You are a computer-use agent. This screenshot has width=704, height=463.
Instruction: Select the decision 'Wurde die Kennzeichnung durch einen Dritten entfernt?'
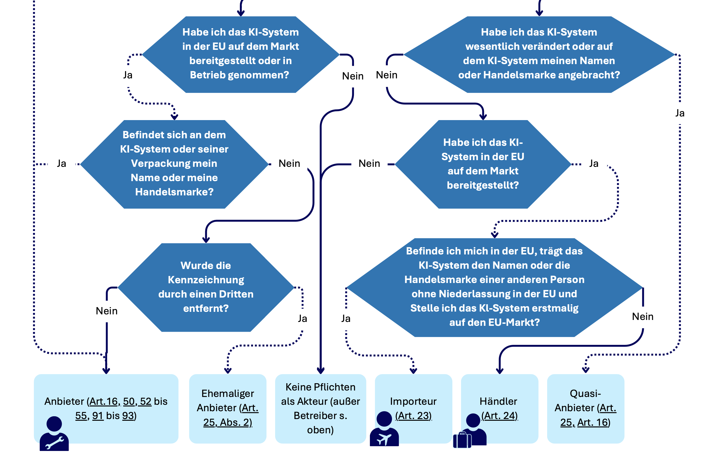click(x=206, y=287)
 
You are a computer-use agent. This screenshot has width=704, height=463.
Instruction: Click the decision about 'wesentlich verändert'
click(x=539, y=54)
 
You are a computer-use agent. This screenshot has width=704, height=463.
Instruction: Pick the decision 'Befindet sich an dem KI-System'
click(x=174, y=164)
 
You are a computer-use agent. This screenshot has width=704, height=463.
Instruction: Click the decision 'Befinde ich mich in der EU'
click(x=494, y=287)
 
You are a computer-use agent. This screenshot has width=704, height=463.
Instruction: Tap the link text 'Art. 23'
click(x=414, y=416)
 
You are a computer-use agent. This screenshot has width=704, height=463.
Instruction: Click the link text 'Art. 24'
click(x=500, y=416)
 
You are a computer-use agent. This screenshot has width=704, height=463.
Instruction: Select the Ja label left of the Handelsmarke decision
click(x=62, y=163)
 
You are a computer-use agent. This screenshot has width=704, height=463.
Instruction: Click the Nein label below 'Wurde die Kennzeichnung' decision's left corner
click(x=107, y=311)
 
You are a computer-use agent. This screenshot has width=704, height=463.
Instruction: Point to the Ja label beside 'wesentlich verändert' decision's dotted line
click(x=680, y=113)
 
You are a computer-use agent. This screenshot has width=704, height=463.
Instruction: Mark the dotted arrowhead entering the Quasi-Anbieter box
click(x=585, y=370)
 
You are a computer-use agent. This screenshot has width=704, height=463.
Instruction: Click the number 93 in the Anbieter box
click(x=128, y=416)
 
